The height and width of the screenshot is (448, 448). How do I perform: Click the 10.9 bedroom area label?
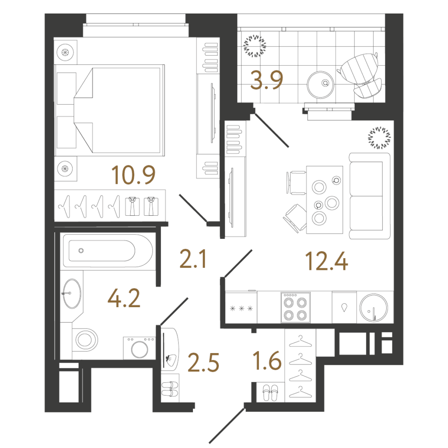click(x=133, y=175)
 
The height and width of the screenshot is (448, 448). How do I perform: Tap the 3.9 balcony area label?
click(x=266, y=80)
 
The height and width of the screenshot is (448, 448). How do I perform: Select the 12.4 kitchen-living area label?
click(x=326, y=261)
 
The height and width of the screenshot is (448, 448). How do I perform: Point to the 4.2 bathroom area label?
click(x=124, y=298)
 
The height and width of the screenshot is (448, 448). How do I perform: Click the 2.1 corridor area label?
click(x=193, y=259)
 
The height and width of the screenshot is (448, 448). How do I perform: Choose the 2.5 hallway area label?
click(x=203, y=363)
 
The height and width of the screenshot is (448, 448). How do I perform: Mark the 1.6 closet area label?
click(x=267, y=360)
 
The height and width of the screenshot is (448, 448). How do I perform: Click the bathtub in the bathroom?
click(x=108, y=251)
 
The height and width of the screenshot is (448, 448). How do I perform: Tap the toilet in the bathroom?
click(x=85, y=340)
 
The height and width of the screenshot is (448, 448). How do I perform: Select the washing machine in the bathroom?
click(x=140, y=348)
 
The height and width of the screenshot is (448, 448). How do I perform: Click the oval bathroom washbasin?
click(x=72, y=294)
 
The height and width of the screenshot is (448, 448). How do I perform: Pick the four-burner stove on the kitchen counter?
click(x=295, y=308)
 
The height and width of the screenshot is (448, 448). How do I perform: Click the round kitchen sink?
click(x=374, y=308)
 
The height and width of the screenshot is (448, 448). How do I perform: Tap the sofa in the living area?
click(x=370, y=196)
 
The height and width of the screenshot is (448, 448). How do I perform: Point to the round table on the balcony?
click(x=321, y=84)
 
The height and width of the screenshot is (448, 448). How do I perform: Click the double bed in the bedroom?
click(x=110, y=110)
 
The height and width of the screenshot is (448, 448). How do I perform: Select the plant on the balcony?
click(x=254, y=46)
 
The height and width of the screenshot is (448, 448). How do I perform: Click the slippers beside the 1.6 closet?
click(x=270, y=393)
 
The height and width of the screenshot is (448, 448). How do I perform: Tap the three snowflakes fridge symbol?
click(x=241, y=308)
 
